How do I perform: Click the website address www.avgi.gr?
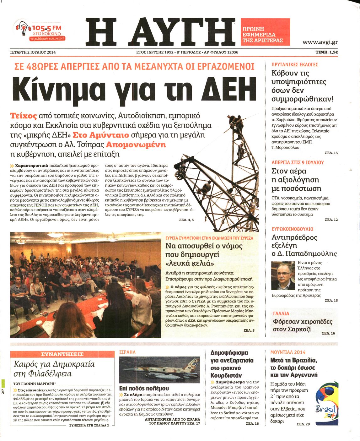(320, 42)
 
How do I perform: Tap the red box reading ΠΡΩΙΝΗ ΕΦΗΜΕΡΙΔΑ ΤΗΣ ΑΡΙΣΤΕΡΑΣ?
(265, 32)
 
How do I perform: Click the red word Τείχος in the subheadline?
(23, 116)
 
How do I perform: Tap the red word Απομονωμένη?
(136, 145)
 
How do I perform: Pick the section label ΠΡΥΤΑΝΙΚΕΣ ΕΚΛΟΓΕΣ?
(295, 64)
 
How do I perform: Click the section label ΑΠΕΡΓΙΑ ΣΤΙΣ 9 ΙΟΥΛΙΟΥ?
(298, 162)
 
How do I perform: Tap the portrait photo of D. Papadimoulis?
(283, 275)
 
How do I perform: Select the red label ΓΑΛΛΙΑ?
(281, 313)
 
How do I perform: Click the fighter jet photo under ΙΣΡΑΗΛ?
(159, 369)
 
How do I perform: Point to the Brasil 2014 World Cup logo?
(326, 405)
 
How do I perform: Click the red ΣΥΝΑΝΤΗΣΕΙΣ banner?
(62, 354)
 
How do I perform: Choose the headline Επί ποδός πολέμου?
(144, 388)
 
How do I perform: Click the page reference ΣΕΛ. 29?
(303, 424)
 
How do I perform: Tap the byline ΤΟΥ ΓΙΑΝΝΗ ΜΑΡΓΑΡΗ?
(35, 384)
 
